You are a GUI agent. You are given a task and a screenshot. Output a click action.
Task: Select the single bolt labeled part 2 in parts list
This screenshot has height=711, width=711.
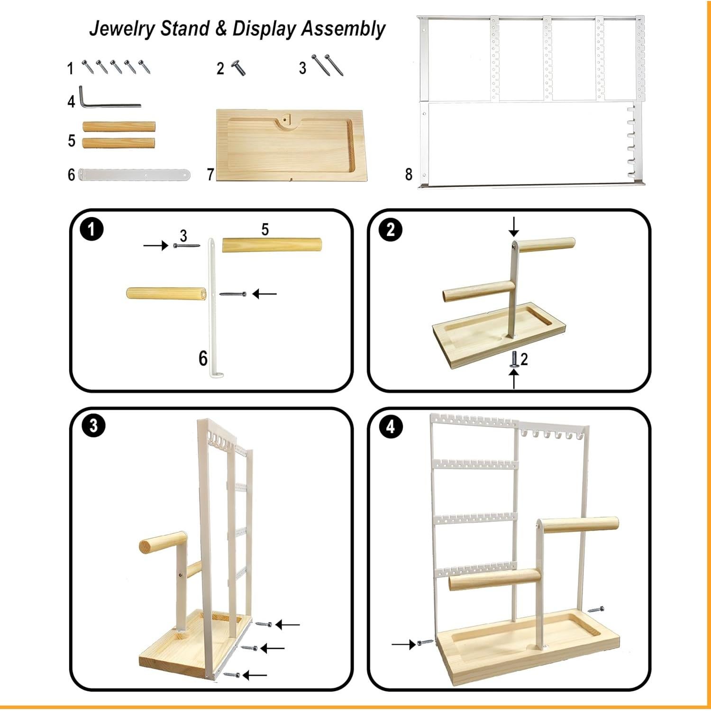point(238,68)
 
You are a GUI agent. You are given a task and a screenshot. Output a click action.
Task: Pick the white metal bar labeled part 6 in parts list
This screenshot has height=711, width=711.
point(135,174)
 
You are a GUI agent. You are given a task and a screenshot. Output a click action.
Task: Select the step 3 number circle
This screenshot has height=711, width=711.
point(93,425)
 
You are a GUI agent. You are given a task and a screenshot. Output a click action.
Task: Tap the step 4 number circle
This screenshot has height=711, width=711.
point(390,427)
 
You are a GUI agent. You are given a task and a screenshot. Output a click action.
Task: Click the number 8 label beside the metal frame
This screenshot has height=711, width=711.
point(409,174)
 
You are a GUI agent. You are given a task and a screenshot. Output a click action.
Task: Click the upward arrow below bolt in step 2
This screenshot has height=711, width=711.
point(514,379)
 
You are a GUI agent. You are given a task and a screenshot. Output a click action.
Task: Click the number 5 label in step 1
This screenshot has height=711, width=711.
point(265,229)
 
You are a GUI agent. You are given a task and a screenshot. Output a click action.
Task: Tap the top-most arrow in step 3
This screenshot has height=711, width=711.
point(287,625)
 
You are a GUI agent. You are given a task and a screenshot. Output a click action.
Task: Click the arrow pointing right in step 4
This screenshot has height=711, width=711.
point(403,644)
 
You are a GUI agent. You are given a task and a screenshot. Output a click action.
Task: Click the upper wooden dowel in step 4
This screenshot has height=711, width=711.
point(581,525)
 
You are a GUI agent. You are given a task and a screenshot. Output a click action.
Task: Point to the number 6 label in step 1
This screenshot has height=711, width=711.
point(203,358)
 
